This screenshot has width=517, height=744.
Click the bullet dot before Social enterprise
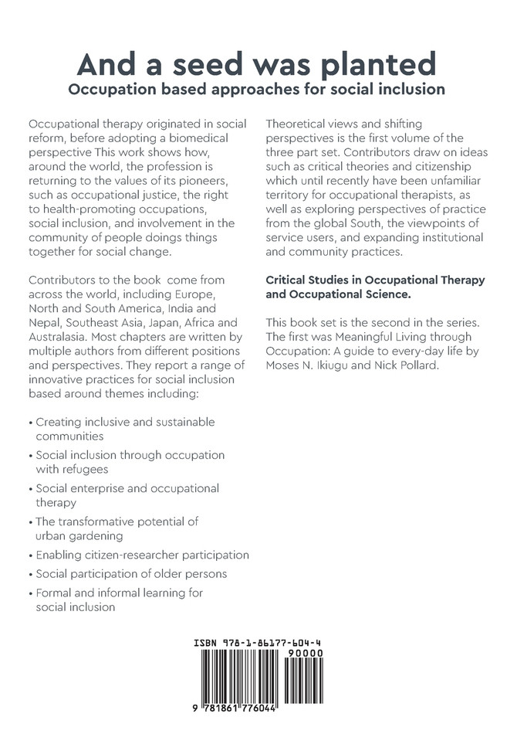click(30, 489)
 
